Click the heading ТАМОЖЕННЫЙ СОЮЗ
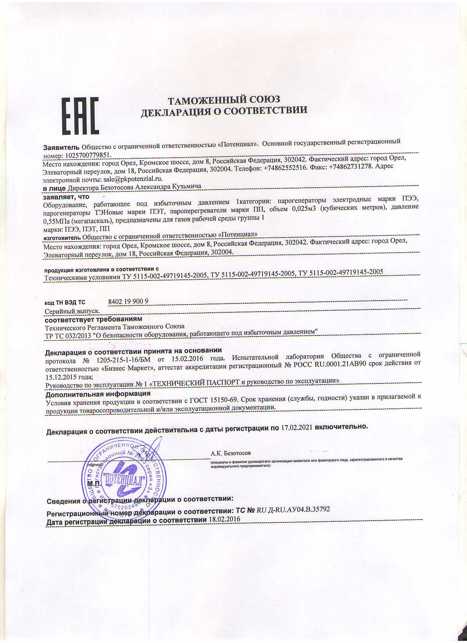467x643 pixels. pos(223,100)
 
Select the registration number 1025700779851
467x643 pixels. pos(88,155)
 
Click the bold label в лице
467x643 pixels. pos(55,188)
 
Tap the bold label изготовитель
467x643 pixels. pos(63,237)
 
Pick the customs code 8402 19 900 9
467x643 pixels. pos(128,301)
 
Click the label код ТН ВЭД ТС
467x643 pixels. pos(65,302)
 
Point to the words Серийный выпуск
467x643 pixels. pos(72,311)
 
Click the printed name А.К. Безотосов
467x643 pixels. pos(231,453)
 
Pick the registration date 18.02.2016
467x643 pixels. pos(224,519)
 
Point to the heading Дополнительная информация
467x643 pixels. pos(98,394)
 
